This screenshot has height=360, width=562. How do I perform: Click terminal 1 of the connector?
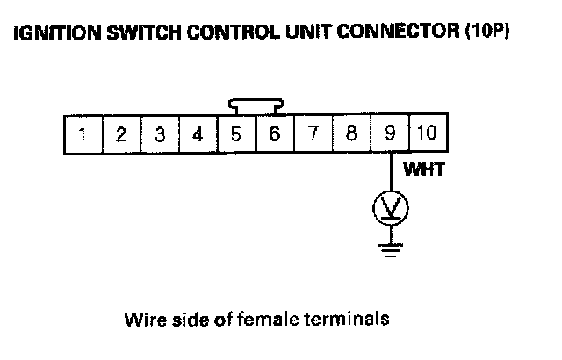[83, 134]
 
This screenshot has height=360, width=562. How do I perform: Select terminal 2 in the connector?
[121, 134]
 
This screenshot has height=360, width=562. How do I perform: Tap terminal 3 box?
[160, 134]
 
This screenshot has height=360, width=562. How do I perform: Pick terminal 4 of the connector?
[198, 134]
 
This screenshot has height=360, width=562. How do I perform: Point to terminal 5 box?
[236, 134]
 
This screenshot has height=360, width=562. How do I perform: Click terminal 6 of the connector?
[274, 134]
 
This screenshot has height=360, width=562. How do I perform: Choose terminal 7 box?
[313, 134]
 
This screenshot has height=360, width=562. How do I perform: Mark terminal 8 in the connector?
[351, 134]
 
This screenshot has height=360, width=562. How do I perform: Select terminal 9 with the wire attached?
[389, 134]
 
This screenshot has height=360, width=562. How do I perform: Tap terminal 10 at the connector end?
[427, 134]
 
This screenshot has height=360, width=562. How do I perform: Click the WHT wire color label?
[423, 170]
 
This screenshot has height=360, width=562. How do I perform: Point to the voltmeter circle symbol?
[390, 207]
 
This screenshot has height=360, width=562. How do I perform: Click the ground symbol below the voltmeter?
[390, 249]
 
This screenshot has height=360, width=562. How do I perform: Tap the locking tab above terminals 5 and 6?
[255, 105]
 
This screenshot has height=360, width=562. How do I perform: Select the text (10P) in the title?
[489, 34]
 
